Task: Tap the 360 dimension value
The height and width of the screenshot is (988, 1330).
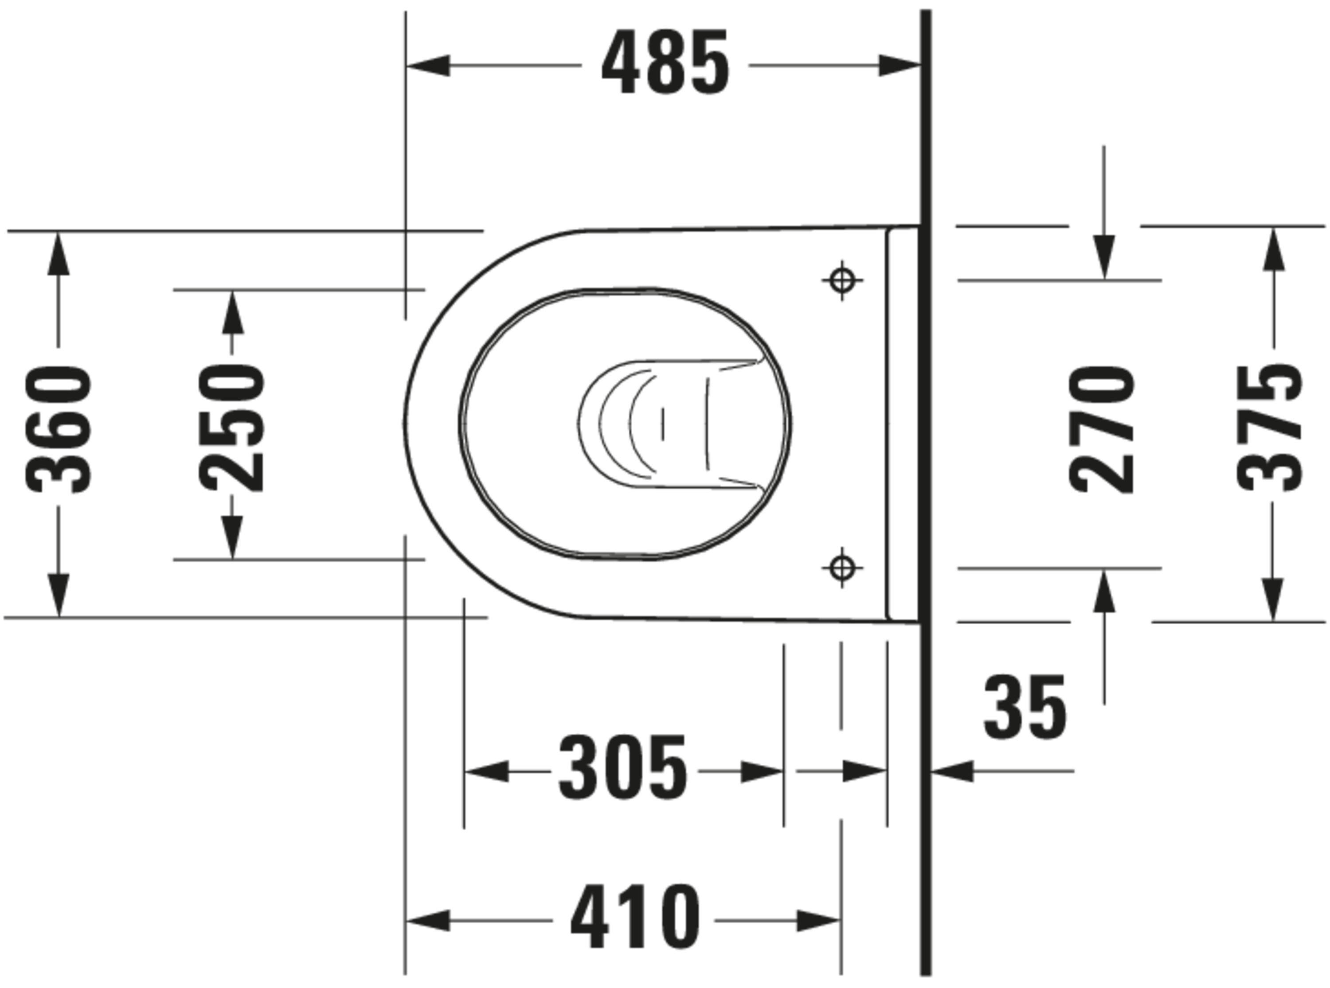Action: pos(59,430)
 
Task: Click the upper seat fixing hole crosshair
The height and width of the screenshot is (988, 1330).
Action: pos(842,280)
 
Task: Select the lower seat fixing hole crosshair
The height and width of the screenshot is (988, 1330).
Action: pos(842,567)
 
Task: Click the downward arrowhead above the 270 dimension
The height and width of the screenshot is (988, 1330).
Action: pos(1104,257)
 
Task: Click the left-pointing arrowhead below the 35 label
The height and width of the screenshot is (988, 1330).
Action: pos(952,771)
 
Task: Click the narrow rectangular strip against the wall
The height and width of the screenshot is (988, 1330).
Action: pos(903,424)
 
